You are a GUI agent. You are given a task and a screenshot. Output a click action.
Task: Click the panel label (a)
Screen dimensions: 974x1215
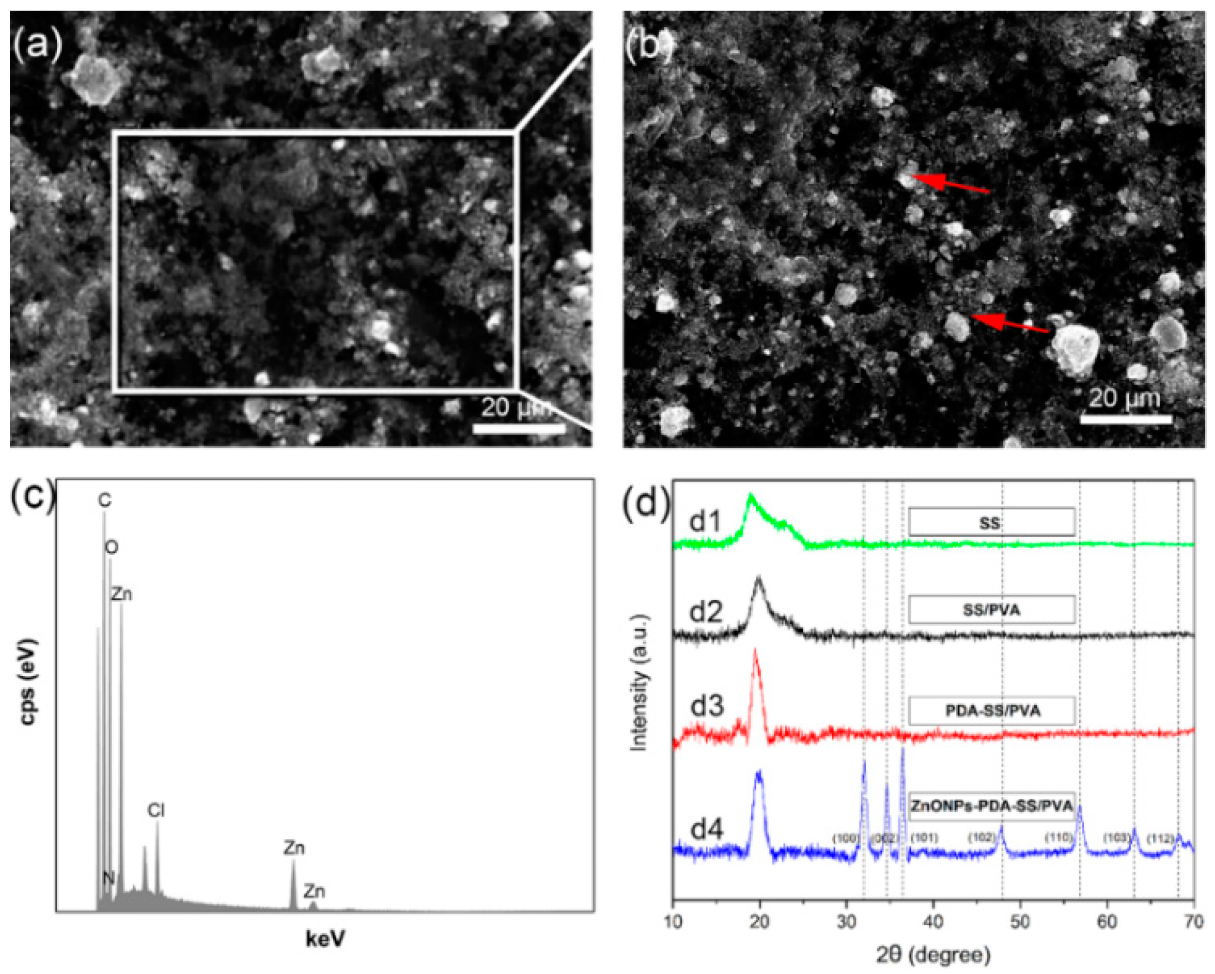click(x=37, y=45)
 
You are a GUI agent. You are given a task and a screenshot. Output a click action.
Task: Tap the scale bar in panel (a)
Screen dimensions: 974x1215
click(x=518, y=428)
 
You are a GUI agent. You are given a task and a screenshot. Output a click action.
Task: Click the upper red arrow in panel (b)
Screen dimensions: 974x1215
click(x=951, y=183)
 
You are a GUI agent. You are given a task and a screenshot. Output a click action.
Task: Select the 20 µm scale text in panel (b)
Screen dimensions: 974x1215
click(x=1124, y=397)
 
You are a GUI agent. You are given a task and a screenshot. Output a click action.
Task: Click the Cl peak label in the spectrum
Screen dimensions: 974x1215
click(x=156, y=810)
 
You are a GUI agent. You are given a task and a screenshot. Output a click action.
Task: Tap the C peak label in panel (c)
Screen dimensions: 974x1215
click(x=105, y=501)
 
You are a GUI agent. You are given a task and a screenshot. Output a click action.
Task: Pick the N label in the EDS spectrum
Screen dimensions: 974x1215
click(x=108, y=878)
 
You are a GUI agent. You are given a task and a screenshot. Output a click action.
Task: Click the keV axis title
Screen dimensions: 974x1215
click(x=325, y=938)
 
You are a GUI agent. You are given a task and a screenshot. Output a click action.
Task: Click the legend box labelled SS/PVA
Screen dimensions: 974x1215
click(x=991, y=610)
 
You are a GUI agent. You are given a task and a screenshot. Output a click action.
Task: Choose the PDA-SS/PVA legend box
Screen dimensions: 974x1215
click(x=992, y=710)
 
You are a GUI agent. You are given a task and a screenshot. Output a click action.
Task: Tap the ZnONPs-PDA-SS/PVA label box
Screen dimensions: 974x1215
click(x=992, y=806)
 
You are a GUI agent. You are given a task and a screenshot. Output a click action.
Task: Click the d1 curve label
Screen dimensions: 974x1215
click(x=705, y=521)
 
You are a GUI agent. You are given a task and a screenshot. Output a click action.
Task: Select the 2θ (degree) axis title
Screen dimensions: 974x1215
click(x=933, y=954)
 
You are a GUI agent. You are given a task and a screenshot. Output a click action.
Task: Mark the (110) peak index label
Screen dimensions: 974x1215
click(x=1059, y=837)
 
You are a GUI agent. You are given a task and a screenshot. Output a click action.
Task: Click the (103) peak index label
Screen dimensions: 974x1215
click(x=1116, y=837)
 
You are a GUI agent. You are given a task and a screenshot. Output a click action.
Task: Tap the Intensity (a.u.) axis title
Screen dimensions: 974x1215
click(x=638, y=683)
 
